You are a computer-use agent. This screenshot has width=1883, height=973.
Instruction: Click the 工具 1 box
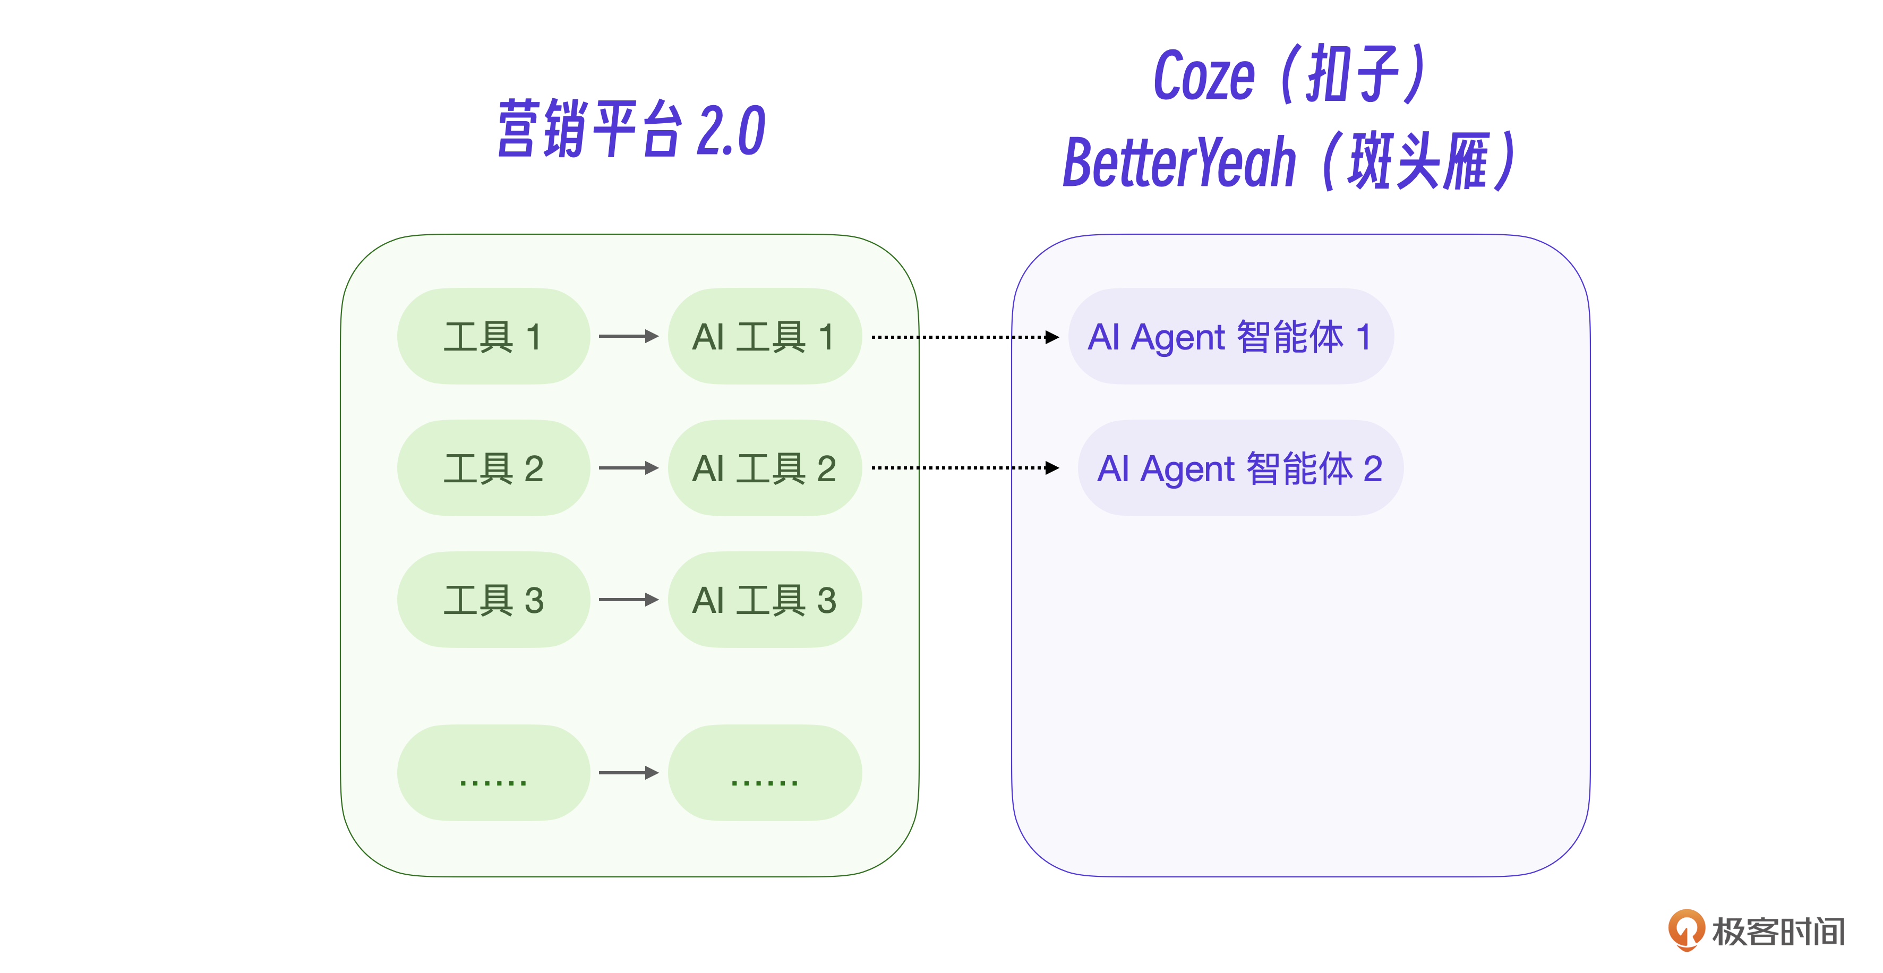(x=493, y=336)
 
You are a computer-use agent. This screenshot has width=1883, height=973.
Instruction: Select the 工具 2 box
(x=493, y=468)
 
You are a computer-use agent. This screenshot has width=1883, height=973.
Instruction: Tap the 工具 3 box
(x=493, y=600)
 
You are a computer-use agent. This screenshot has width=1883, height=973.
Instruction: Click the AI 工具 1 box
(x=765, y=336)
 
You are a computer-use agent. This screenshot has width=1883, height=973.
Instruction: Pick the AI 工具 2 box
(x=765, y=468)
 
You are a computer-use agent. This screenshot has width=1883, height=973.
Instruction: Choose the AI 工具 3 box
(x=765, y=600)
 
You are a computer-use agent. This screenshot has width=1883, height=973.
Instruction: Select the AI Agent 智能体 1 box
(x=1230, y=336)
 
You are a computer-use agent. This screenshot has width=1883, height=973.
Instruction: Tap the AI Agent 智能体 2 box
(x=1240, y=468)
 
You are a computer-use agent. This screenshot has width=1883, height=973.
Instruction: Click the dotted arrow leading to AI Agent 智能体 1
(x=965, y=337)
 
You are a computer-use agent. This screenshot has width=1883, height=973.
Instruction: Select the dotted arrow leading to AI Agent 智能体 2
(x=965, y=468)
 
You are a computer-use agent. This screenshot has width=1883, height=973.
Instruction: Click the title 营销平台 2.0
(x=631, y=130)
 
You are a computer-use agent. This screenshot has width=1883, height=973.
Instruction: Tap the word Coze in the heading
(x=1204, y=77)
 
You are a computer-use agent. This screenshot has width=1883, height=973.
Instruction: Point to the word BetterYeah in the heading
(x=1179, y=163)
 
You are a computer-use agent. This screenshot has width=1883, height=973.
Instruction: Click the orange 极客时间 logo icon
(x=1685, y=930)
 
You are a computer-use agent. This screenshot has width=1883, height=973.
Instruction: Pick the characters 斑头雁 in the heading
(x=1418, y=163)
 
